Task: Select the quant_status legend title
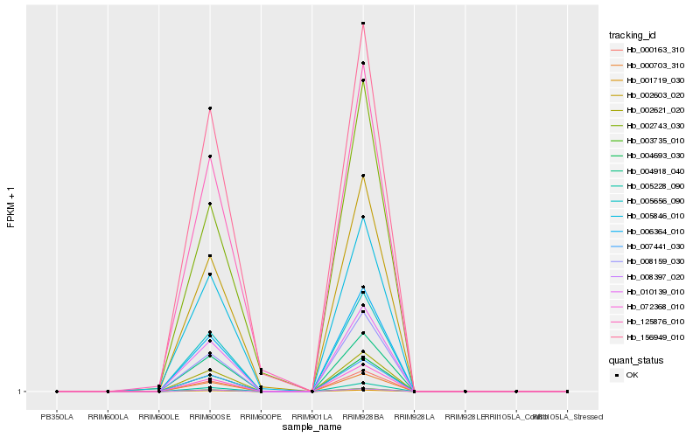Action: [x=637, y=359]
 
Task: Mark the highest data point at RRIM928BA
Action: [x=363, y=24]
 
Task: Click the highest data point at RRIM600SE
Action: [x=210, y=108]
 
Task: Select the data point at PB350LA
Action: [x=57, y=392]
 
